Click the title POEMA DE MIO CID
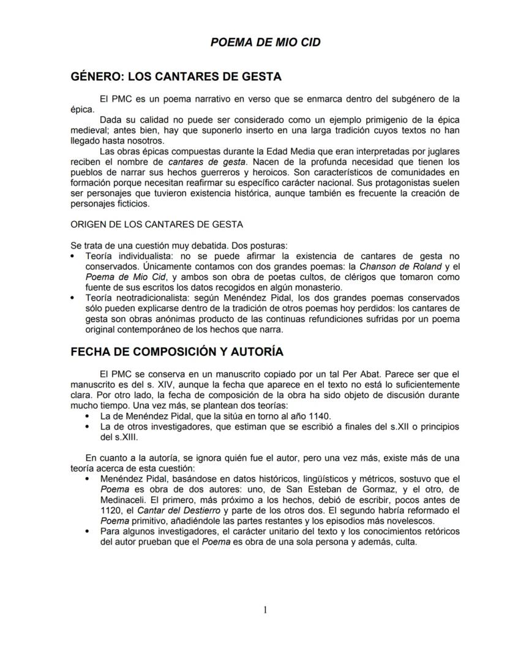(265, 42)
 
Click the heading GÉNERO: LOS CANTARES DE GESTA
(176, 77)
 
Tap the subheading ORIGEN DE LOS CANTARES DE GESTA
(156, 224)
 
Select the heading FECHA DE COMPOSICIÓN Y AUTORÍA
(177, 352)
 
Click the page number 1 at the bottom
(265, 609)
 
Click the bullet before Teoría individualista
(74, 256)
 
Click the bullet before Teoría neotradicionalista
(74, 298)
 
